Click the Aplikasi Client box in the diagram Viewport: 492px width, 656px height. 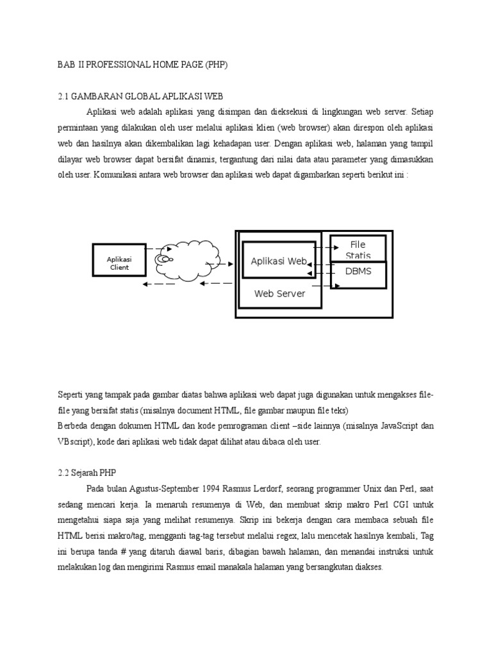click(119, 263)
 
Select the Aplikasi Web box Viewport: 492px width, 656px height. click(279, 261)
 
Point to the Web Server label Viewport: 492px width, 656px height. click(280, 293)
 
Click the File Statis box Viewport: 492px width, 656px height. click(358, 249)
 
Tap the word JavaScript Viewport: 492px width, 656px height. click(396, 426)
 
